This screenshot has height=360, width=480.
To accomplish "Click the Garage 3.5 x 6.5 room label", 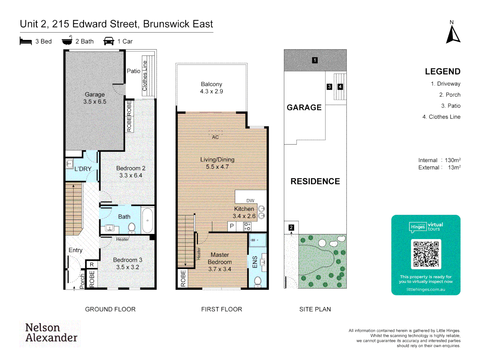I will [x=95, y=98].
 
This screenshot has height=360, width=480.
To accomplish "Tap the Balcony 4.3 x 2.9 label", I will [x=211, y=88].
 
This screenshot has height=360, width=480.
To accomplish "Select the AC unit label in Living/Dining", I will [x=215, y=137].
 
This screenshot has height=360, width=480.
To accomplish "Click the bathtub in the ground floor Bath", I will [x=147, y=220].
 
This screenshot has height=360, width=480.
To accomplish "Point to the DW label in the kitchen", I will [x=250, y=201].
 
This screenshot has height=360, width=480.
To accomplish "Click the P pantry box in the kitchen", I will [x=232, y=226].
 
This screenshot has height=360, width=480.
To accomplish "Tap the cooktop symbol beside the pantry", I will [x=247, y=227].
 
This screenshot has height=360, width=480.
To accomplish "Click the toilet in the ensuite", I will [x=258, y=281].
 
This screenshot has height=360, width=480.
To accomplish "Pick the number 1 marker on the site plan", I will [x=315, y=60].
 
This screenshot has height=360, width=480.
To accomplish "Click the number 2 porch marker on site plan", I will [x=291, y=227].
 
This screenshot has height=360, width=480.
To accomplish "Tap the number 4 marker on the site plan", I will [x=340, y=87].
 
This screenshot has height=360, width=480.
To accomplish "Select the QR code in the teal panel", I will [x=426, y=254].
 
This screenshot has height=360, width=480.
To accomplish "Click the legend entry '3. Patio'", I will [x=451, y=106].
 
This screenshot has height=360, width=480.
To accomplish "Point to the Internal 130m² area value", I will [x=452, y=160].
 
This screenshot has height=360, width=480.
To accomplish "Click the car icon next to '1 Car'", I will [x=109, y=41].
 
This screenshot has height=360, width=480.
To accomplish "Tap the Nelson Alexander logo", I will [x=51, y=333].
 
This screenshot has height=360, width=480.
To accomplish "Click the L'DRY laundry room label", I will [x=83, y=169].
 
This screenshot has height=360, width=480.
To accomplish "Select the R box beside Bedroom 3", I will [x=92, y=264].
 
